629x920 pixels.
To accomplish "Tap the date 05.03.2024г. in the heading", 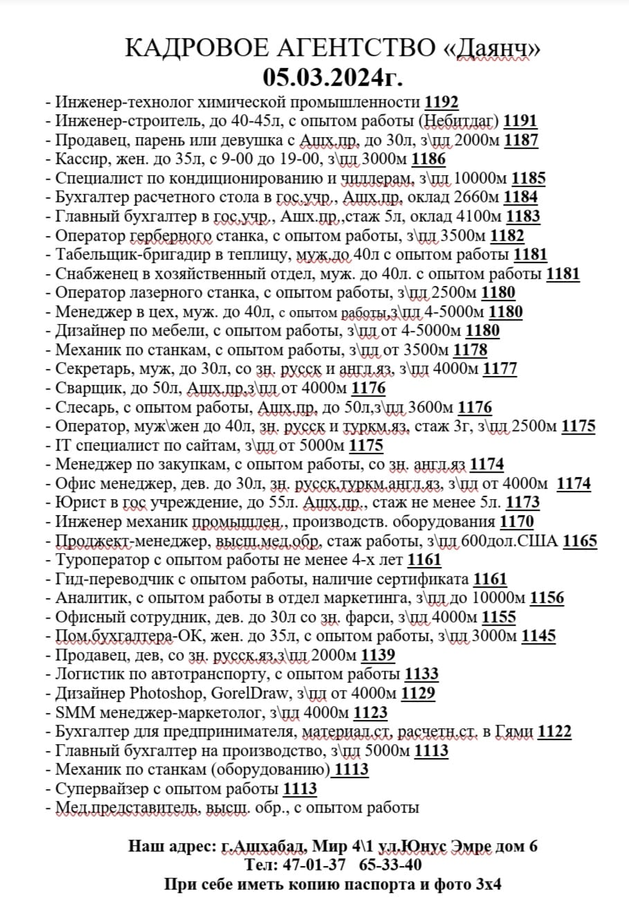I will coord(333,75).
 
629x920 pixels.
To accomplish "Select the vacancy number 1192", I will coord(441,102).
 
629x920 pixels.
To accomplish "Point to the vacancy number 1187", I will coord(521,140).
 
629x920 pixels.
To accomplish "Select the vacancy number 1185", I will coord(529,179).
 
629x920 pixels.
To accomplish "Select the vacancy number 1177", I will coord(500,369).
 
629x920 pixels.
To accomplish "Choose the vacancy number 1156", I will coord(547,598).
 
